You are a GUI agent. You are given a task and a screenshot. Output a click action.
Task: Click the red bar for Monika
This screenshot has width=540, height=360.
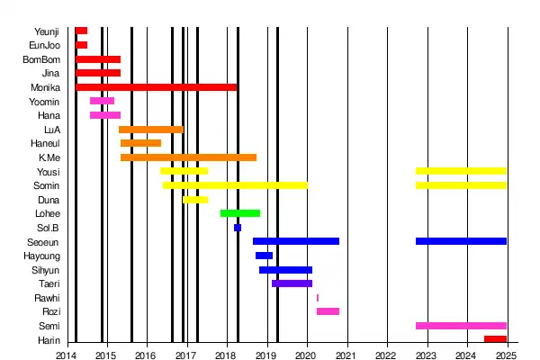[x=157, y=87]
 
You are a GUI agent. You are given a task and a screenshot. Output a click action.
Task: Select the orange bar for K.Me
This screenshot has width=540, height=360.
[x=188, y=157]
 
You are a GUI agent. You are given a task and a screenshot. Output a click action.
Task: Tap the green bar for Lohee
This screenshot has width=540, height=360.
[x=240, y=213]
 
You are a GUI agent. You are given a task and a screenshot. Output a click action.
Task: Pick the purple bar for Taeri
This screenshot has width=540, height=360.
[x=292, y=283]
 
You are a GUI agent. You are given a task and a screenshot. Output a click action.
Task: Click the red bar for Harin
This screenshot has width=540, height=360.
[x=495, y=339]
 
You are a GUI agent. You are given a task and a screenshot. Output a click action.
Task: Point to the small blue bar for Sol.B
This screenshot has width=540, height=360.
[x=238, y=228]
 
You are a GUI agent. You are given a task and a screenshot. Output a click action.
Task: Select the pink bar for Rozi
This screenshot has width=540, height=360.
[x=328, y=311]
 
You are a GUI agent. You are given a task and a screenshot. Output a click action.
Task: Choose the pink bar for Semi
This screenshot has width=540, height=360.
[x=461, y=326]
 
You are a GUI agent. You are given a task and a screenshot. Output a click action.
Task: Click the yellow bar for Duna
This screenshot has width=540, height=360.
[x=195, y=200]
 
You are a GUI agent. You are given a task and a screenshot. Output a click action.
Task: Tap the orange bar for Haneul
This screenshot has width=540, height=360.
[x=140, y=143]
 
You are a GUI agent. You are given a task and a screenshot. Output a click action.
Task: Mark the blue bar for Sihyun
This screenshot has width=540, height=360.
[x=285, y=270]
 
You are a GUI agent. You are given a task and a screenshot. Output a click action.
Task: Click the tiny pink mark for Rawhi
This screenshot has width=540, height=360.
[x=318, y=298]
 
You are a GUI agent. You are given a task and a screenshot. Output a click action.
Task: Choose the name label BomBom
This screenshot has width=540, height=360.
[x=41, y=59]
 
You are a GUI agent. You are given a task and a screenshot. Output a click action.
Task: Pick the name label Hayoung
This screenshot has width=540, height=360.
[x=42, y=256]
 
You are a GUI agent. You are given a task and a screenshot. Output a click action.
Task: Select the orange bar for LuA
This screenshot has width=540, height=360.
[x=151, y=130]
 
